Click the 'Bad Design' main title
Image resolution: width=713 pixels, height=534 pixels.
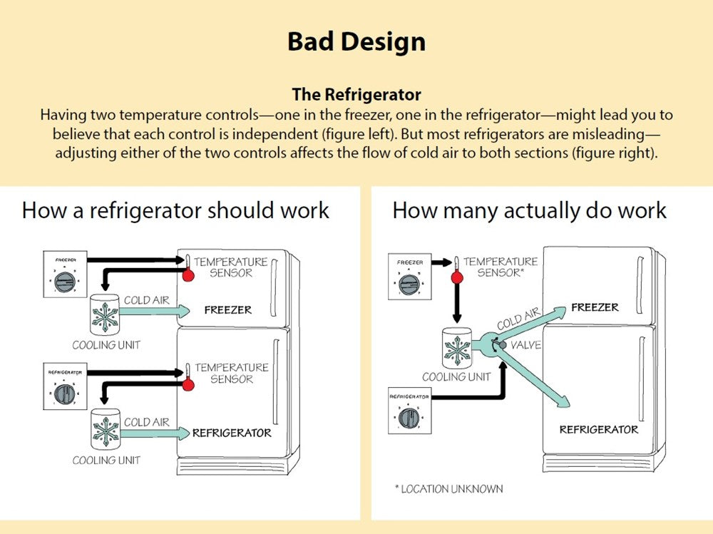tap(356, 41)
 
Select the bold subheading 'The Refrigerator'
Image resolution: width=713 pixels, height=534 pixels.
tap(356, 95)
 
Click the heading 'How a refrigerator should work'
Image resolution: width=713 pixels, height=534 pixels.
tap(175, 210)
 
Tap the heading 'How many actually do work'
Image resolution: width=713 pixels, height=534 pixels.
tap(529, 210)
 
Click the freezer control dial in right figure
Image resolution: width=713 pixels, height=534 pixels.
tap(410, 284)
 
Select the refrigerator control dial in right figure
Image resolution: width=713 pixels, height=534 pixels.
tap(410, 417)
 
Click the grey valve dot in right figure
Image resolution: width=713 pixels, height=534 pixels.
tap(503, 346)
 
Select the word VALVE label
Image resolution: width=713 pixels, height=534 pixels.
tap(526, 346)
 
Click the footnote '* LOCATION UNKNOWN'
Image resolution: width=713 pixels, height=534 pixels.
tap(448, 489)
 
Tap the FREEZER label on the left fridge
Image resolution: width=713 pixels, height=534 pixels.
tap(227, 310)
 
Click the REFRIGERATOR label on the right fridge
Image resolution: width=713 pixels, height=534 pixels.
tap(598, 429)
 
